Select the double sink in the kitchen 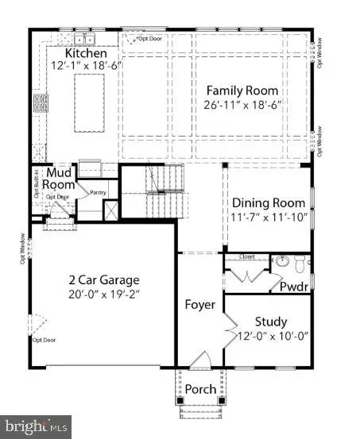click(85, 39)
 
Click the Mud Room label click(60, 179)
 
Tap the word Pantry click(98, 191)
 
